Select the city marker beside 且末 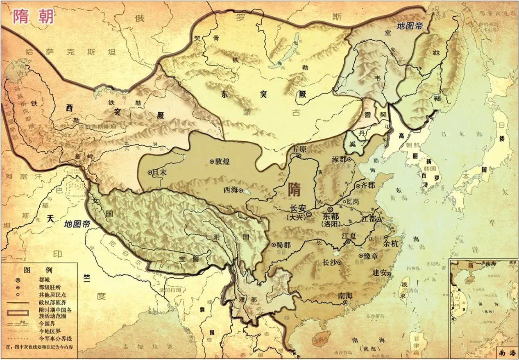click(150, 173)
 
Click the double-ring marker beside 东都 click(330, 209)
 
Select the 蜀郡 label click(283, 245)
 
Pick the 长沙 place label click(330, 263)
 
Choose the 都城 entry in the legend click(45, 280)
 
